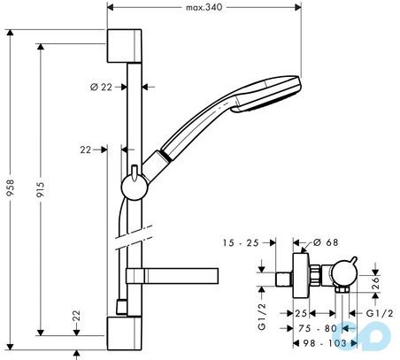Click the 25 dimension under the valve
tap(300, 313)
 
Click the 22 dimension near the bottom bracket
tap(78, 315)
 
